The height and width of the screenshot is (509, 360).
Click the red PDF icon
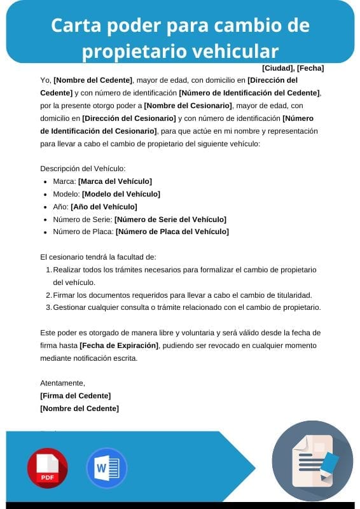(47, 468)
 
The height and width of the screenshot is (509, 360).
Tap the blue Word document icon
(106, 468)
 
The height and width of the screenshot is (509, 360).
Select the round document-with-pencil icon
(312, 461)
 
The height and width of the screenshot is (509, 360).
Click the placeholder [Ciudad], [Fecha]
(293, 67)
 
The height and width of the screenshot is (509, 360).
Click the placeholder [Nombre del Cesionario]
(188, 106)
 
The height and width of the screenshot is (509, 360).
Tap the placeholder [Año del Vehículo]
(104, 206)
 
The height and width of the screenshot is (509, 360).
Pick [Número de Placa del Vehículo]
(172, 232)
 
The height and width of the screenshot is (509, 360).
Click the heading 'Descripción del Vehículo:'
(83, 169)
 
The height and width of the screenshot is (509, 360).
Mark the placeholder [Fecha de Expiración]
(119, 345)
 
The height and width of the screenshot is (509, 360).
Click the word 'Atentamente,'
(62, 383)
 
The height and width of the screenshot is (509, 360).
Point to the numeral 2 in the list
(48, 295)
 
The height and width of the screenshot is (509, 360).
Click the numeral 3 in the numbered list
(48, 308)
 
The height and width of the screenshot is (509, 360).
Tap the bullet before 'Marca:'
(45, 181)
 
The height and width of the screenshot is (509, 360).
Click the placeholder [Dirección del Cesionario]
(129, 118)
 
